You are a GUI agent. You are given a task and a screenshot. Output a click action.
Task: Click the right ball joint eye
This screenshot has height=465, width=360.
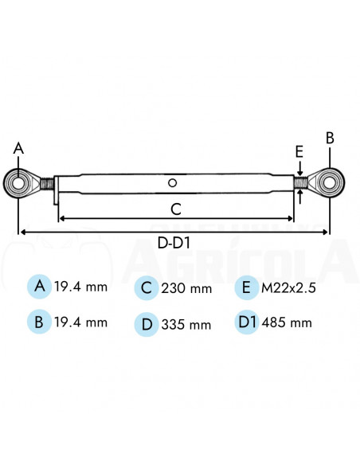click(329, 182)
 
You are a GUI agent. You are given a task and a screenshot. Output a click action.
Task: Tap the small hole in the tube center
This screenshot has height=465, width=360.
click(172, 183)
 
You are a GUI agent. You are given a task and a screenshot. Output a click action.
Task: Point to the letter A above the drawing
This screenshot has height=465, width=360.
click(18, 147)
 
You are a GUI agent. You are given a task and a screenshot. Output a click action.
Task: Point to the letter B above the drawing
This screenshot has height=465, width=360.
click(330, 137)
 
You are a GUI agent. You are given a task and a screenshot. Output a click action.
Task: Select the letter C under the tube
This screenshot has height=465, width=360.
click(177, 209)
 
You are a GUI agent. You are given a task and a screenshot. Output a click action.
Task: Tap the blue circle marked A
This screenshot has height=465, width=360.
click(38, 287)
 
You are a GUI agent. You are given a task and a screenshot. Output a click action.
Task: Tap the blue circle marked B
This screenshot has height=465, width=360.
click(38, 322)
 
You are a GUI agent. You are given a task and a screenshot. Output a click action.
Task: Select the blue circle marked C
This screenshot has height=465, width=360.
click(146, 287)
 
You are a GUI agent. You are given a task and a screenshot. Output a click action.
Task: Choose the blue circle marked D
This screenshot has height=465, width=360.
click(146, 323)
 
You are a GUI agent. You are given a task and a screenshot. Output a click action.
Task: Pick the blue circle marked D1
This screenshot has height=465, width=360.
click(248, 322)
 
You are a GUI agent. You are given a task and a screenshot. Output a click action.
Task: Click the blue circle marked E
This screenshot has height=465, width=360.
click(248, 287)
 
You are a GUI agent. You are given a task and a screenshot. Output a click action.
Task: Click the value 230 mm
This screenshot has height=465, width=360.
click(186, 288)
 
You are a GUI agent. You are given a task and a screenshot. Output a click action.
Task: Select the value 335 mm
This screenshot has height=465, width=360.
click(186, 324)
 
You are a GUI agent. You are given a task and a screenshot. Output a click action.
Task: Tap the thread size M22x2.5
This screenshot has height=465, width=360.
click(290, 287)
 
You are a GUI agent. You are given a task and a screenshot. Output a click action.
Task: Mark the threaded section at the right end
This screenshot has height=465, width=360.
click(300, 182)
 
